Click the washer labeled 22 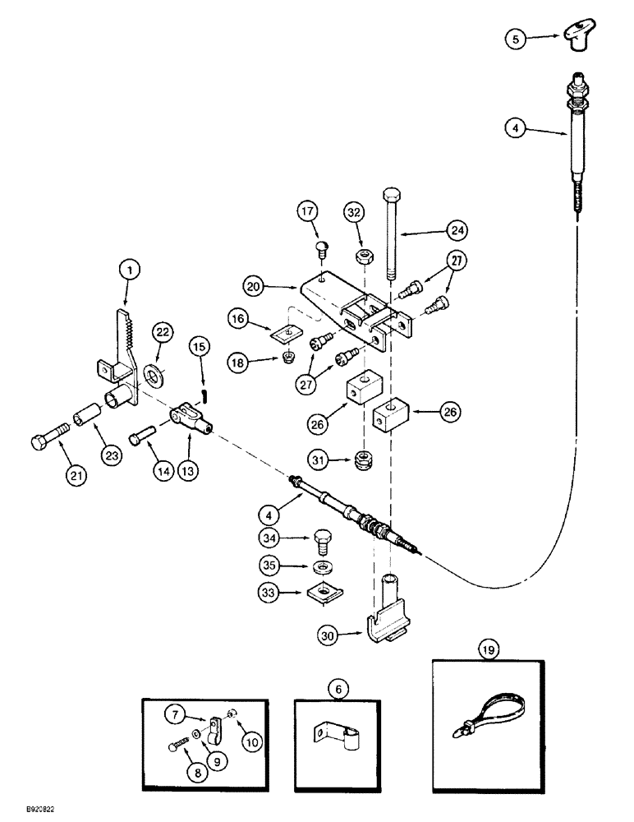pos(154,354)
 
